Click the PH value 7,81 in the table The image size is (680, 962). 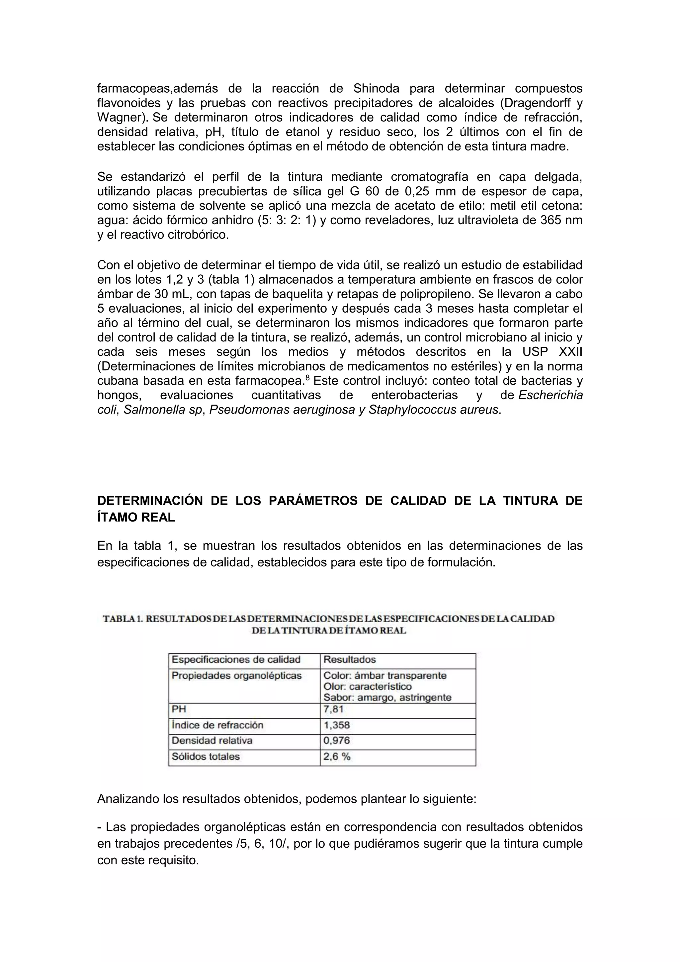click(x=333, y=709)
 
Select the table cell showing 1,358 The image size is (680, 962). click(x=336, y=725)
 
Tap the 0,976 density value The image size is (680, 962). click(x=336, y=740)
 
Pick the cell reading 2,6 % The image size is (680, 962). click(x=337, y=756)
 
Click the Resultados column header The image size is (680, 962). click(x=350, y=659)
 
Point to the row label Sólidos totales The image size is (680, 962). click(x=206, y=756)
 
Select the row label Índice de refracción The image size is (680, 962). click(x=217, y=725)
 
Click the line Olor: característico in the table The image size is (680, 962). click(x=367, y=686)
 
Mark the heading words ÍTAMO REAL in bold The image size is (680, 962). click(x=136, y=518)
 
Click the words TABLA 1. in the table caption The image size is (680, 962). click(x=123, y=619)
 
